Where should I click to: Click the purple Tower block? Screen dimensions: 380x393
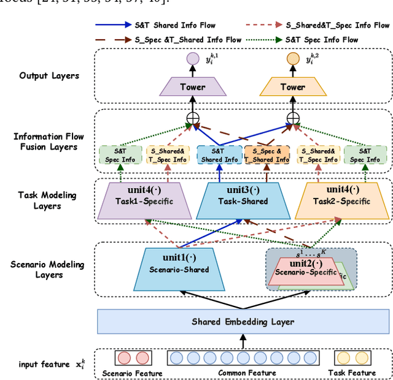pyautogui.click(x=192, y=86)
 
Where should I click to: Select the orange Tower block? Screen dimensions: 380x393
pyautogui.click(x=292, y=86)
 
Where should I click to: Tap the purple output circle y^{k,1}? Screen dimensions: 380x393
pyautogui.click(x=192, y=60)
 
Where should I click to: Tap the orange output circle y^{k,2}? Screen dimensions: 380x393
pyautogui.click(x=292, y=60)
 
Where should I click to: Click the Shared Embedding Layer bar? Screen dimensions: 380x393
pyautogui.click(x=243, y=321)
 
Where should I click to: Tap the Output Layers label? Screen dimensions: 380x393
pyautogui.click(x=49, y=75)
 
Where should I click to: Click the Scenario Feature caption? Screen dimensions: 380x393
pyautogui.click(x=133, y=373)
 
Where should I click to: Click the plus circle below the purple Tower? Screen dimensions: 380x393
pyautogui.click(x=192, y=118)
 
